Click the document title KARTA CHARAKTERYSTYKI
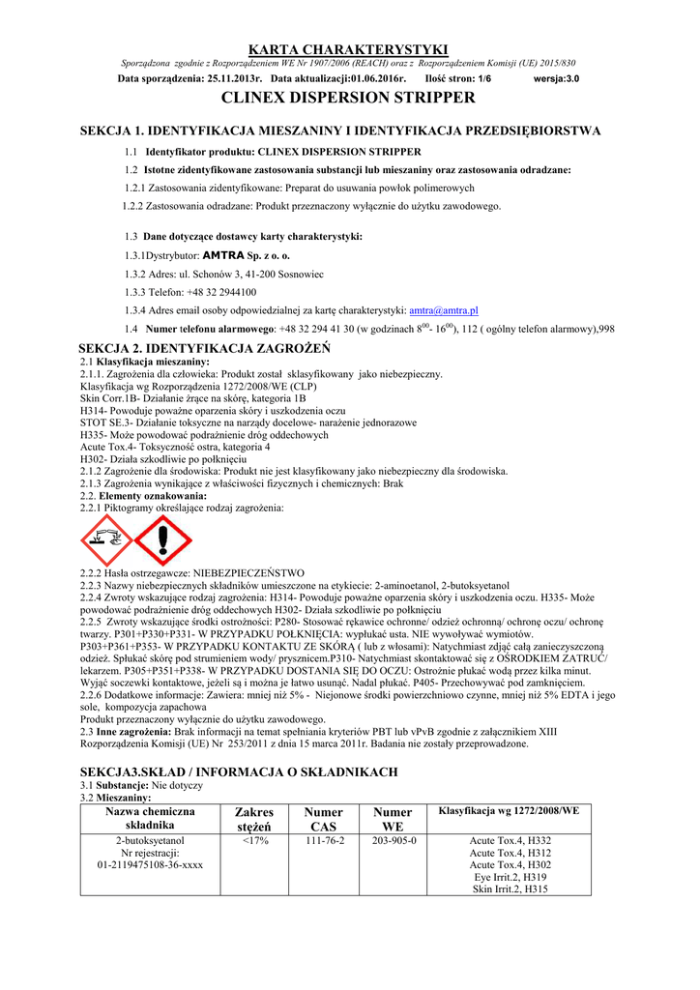pos(349,49)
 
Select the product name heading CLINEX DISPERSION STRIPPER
pos(349,98)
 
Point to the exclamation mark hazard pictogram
pos(163,540)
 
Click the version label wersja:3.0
pos(557,77)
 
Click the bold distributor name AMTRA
pos(223,256)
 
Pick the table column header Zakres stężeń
pos(254,819)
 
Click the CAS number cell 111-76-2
pos(324,841)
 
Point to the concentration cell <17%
pos(254,841)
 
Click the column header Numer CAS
pos(324,819)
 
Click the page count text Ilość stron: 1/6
pos(458,77)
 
